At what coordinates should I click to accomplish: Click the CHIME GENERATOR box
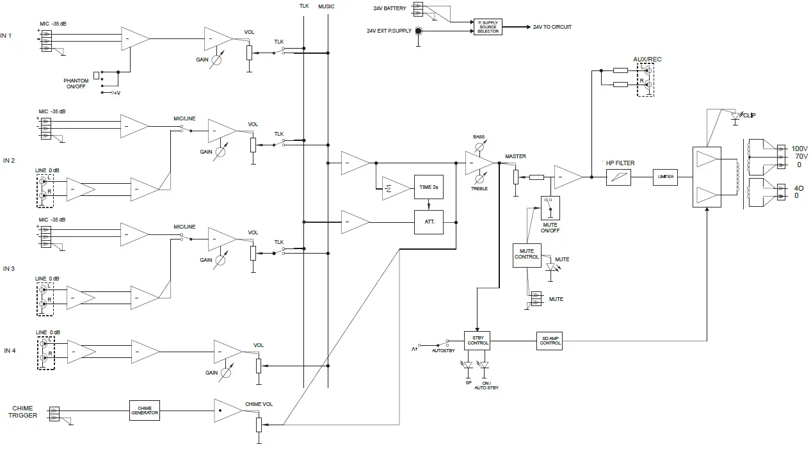(x=144, y=410)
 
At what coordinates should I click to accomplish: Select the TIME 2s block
(x=428, y=187)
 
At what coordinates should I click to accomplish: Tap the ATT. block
(x=428, y=222)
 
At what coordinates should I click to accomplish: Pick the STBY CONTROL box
(x=478, y=340)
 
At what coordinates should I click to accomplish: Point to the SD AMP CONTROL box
(x=550, y=340)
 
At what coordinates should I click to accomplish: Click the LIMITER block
(x=665, y=177)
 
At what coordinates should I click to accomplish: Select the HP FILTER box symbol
(x=618, y=177)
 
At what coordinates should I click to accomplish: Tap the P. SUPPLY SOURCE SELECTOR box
(x=488, y=27)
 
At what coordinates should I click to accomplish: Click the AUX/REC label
(x=647, y=60)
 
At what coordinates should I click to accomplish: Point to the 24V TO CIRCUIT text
(x=552, y=27)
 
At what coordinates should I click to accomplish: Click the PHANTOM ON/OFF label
(x=76, y=84)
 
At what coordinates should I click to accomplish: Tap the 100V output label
(x=800, y=148)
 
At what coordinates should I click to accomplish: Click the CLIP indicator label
(x=749, y=116)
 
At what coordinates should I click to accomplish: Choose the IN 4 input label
(x=10, y=350)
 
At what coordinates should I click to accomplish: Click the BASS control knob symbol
(x=479, y=147)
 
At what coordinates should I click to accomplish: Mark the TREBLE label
(x=479, y=188)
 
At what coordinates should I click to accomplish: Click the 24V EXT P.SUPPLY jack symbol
(x=418, y=31)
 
